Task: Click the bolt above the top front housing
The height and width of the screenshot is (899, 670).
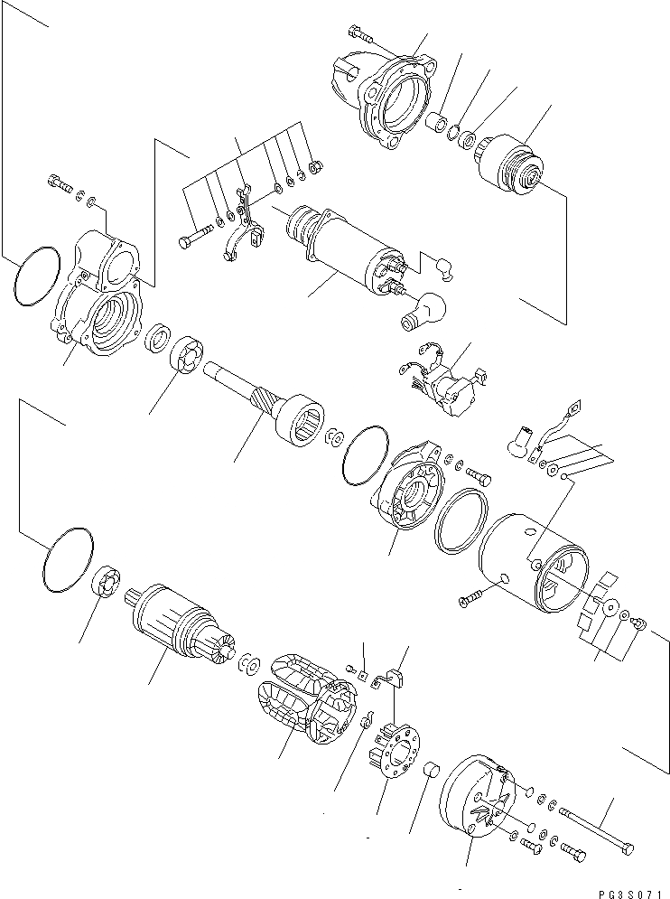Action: click(x=359, y=36)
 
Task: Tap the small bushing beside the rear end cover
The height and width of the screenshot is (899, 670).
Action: click(x=432, y=771)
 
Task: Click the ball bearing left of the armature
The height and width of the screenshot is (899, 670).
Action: click(x=107, y=581)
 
